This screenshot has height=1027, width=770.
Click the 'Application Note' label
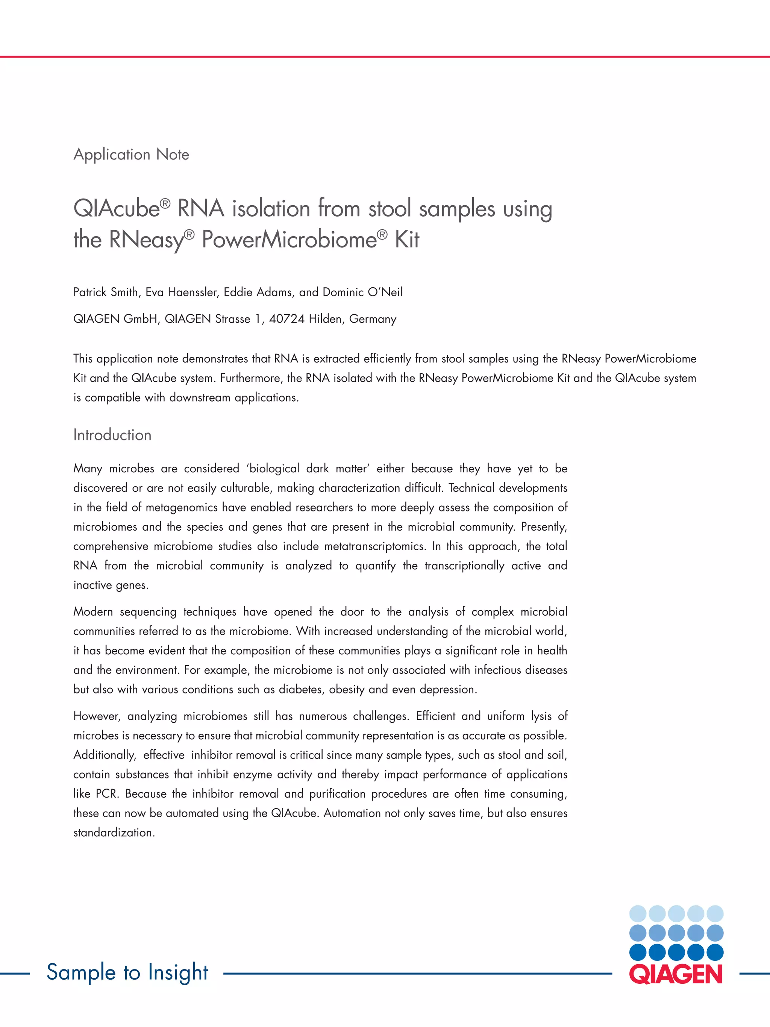coord(131,155)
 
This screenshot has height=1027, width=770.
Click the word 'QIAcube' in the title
coord(117,208)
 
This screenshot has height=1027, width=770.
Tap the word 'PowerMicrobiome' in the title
coord(289,240)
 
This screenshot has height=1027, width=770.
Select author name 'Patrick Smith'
coord(105,292)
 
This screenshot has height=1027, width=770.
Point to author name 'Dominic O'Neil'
coord(362,292)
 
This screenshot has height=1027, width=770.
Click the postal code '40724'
coord(286,319)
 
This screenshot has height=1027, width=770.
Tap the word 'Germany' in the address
coord(372,319)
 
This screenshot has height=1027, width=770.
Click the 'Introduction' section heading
coord(112,435)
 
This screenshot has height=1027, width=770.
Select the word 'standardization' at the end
coord(114,833)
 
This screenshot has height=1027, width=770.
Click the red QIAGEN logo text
coord(676,974)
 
